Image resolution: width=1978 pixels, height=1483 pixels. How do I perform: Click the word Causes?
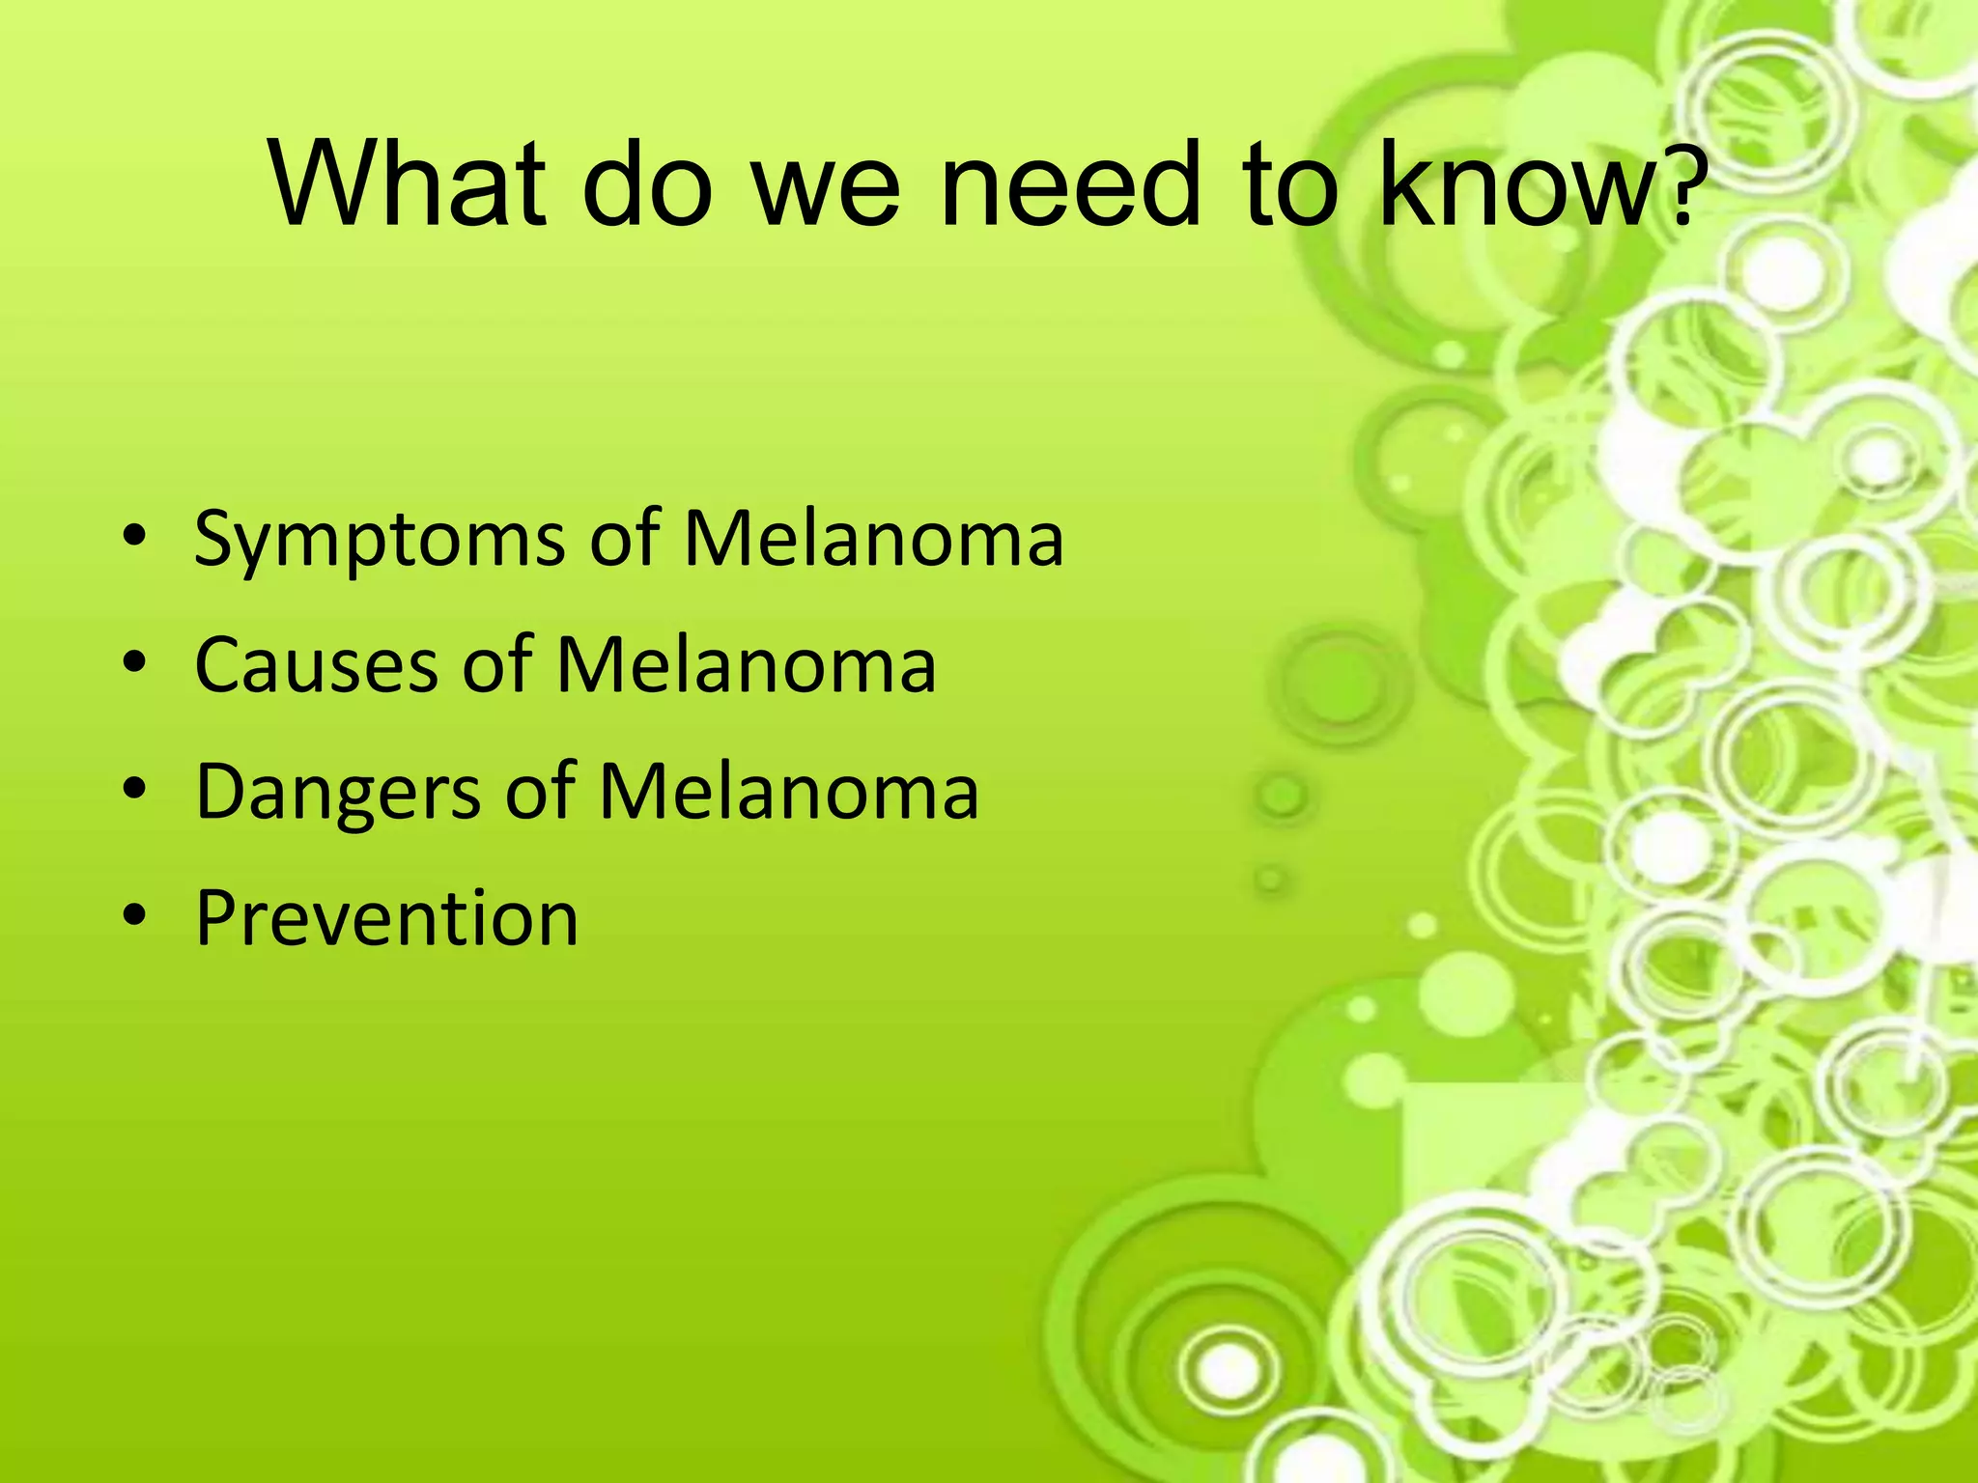[316, 666]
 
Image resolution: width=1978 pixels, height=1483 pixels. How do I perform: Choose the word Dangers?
[338, 792]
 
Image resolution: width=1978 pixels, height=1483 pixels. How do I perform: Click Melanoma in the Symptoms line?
[873, 539]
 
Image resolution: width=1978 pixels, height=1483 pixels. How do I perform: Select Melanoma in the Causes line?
[746, 665]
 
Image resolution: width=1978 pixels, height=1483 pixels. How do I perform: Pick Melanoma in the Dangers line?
[788, 792]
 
